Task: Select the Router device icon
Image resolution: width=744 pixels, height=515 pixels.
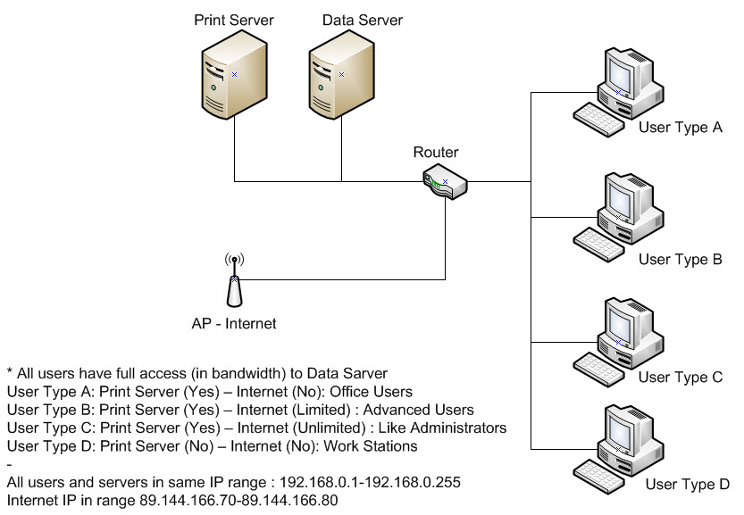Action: pyautogui.click(x=444, y=181)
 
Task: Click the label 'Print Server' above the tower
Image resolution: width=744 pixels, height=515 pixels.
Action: pyautogui.click(x=234, y=20)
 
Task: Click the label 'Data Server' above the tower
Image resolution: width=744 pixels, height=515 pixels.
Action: pyautogui.click(x=363, y=20)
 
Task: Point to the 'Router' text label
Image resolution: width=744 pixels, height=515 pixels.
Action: pyautogui.click(x=436, y=153)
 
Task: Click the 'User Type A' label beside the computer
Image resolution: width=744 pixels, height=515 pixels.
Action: pyautogui.click(x=680, y=128)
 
